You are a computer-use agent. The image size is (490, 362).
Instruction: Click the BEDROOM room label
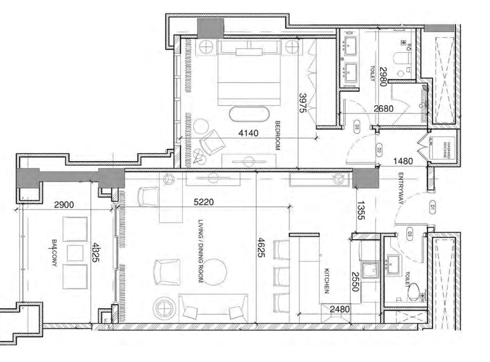click(x=277, y=136)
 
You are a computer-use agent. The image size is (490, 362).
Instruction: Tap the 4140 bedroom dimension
click(x=249, y=133)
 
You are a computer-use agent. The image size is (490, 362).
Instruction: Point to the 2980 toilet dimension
click(x=383, y=76)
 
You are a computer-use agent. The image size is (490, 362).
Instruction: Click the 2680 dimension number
click(x=384, y=109)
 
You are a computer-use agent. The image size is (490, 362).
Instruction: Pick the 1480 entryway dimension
click(x=403, y=161)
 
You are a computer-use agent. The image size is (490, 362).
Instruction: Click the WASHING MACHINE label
click(x=447, y=150)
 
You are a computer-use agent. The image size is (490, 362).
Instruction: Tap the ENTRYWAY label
click(x=401, y=188)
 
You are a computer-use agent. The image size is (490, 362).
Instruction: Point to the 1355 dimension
click(x=360, y=210)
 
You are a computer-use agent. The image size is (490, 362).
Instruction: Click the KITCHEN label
click(x=326, y=281)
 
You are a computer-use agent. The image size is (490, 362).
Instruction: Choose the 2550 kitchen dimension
click(x=355, y=282)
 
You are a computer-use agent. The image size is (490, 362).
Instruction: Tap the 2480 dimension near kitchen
click(x=340, y=309)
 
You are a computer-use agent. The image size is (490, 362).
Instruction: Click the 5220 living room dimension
click(x=204, y=202)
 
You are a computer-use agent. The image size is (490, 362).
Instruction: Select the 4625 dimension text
click(x=261, y=248)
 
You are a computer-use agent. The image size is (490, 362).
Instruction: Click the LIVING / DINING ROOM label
click(x=201, y=251)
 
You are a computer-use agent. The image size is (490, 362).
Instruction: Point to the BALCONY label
click(x=54, y=253)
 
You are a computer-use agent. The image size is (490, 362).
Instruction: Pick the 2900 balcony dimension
click(x=64, y=205)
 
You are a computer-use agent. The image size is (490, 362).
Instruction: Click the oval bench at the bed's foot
click(x=249, y=114)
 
